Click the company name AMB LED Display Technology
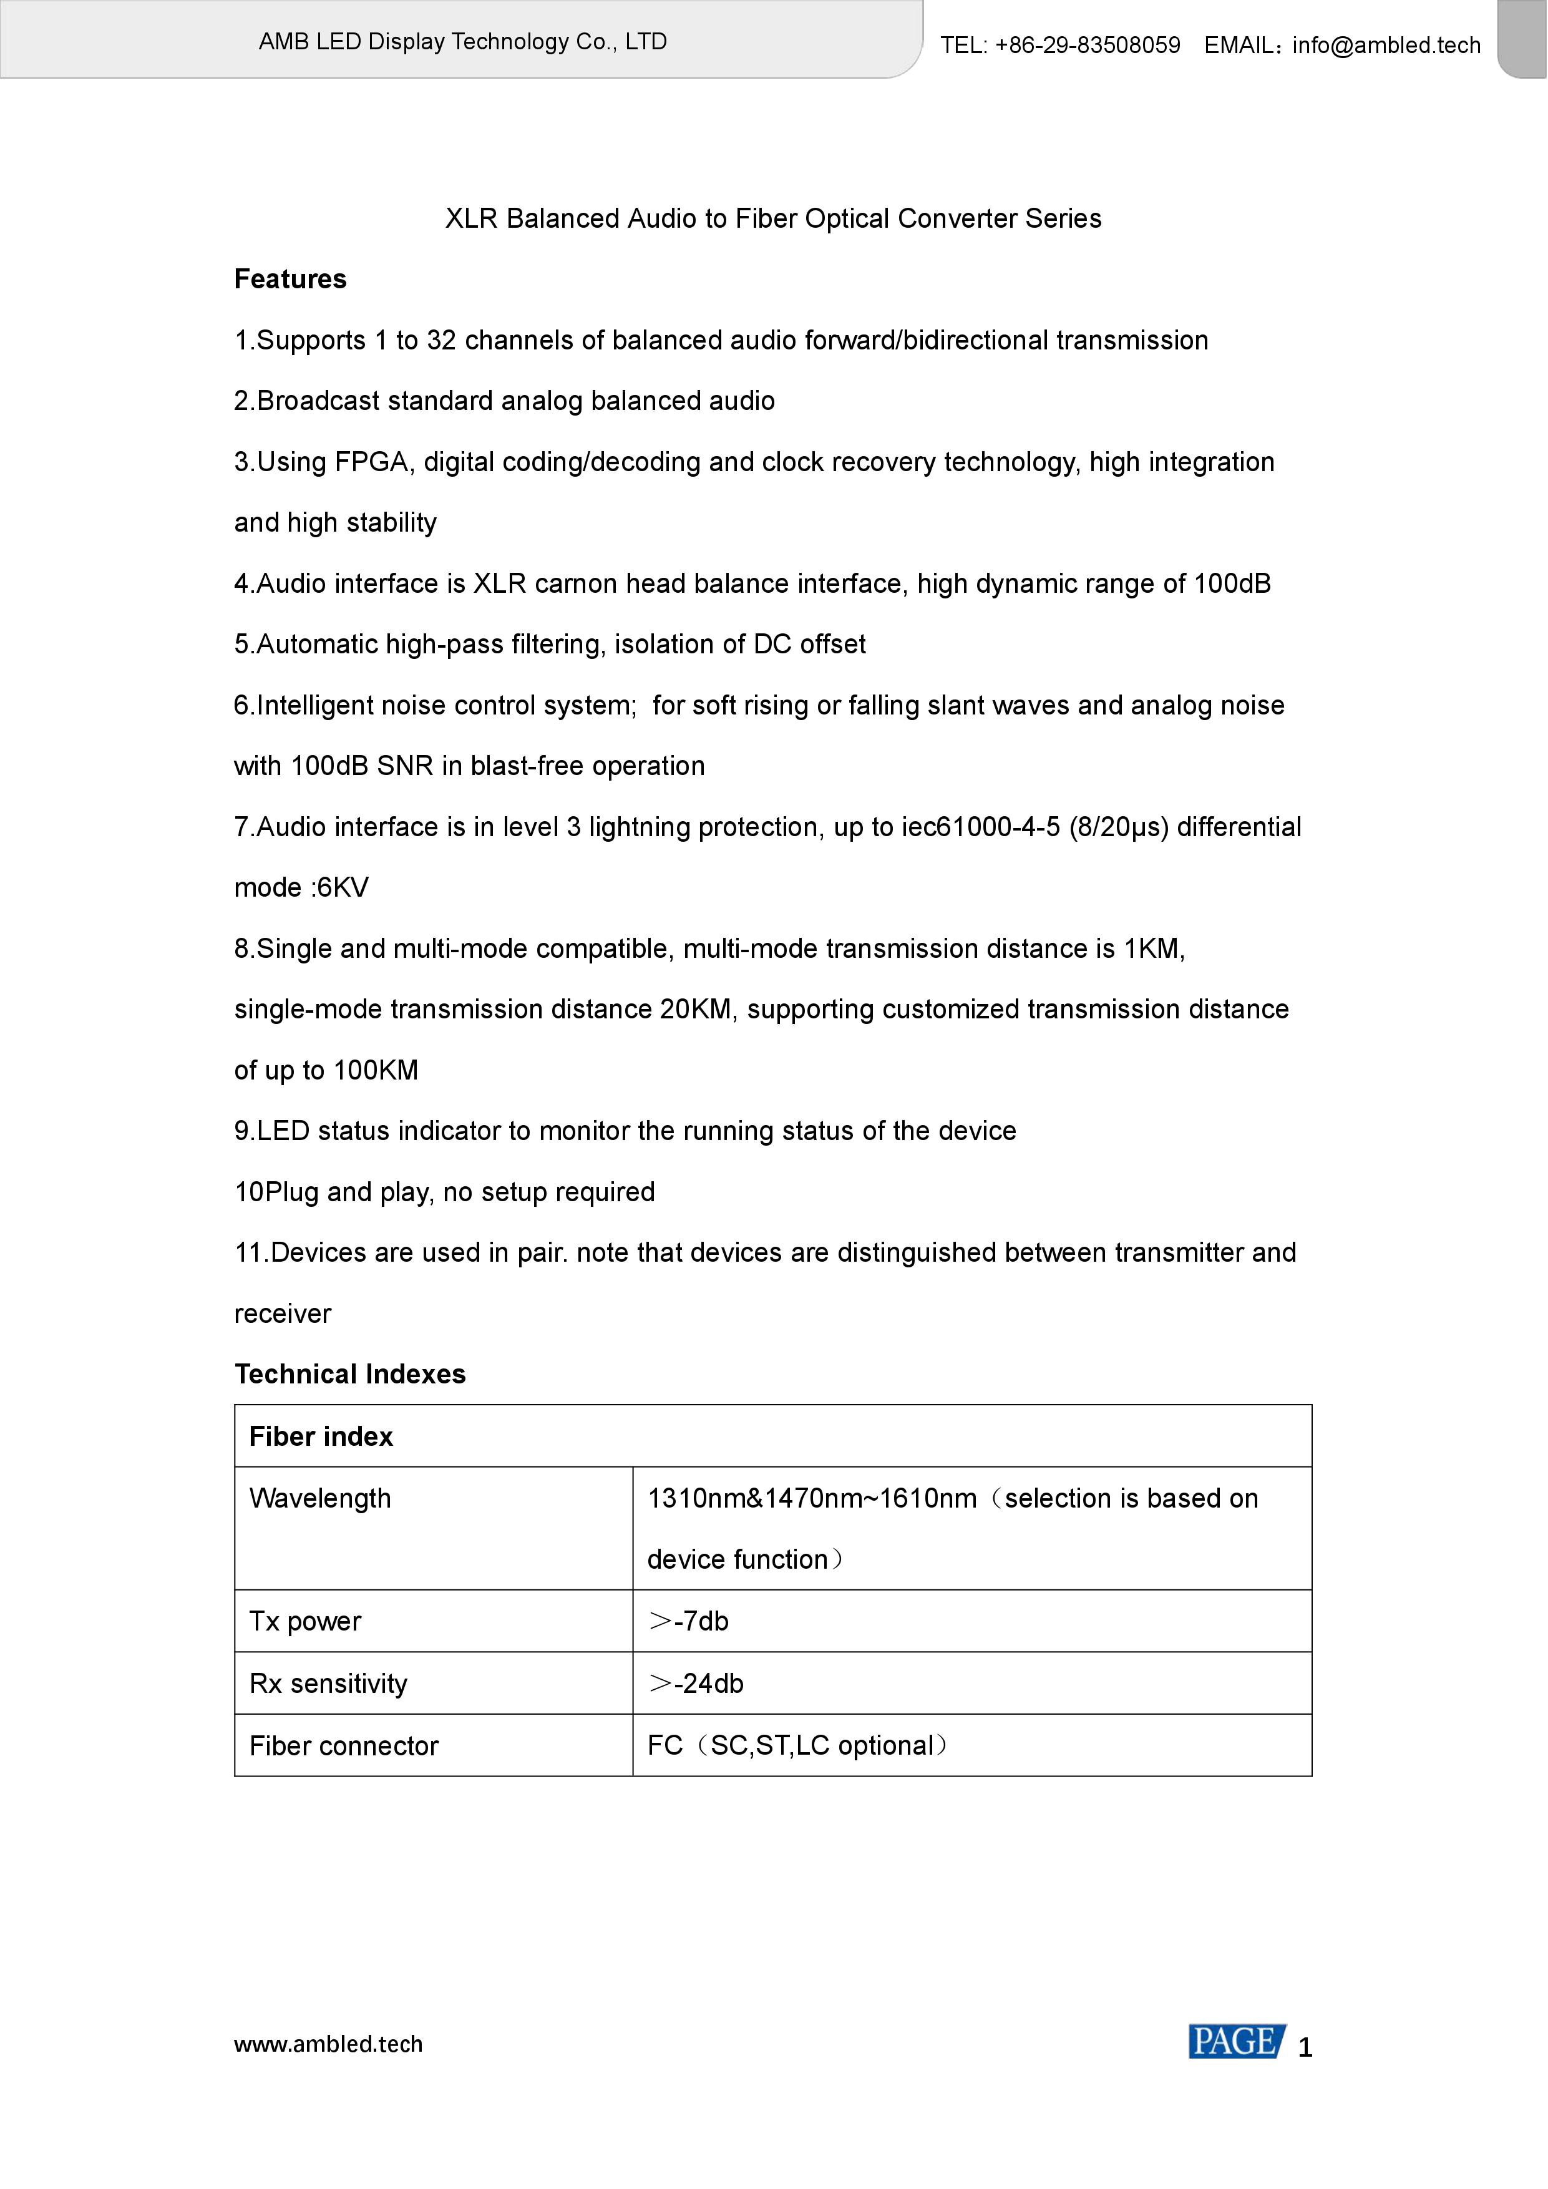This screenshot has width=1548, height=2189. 462,42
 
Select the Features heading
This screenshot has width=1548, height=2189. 290,280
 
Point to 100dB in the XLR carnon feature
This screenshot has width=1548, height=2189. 1232,583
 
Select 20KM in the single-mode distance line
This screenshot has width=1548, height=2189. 697,1010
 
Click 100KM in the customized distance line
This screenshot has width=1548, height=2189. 376,1071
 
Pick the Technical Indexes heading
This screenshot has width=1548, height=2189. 350,1374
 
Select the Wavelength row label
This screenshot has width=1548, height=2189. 319,1499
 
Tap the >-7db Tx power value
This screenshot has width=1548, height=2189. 688,1622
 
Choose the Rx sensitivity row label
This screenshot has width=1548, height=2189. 328,1684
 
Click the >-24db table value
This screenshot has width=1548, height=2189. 696,1684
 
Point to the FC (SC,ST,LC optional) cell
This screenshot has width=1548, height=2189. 799,1746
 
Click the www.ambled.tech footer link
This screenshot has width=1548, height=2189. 328,2044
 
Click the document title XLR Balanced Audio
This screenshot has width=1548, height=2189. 773,219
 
